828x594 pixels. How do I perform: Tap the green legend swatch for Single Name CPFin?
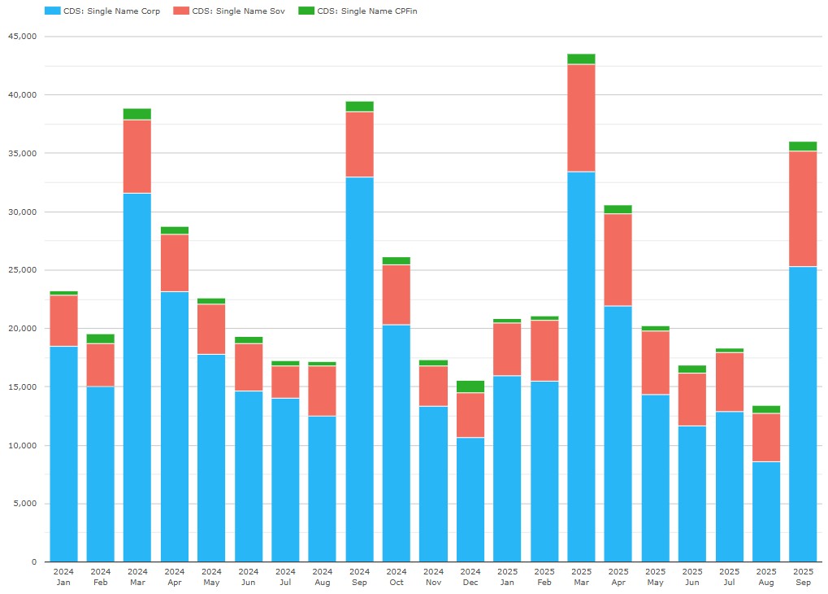[x=306, y=11]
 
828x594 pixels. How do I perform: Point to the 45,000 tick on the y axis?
[x=22, y=37]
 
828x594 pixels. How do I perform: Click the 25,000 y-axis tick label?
[x=22, y=270]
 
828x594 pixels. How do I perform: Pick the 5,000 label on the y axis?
[x=24, y=504]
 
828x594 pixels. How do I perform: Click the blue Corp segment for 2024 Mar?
[x=137, y=374]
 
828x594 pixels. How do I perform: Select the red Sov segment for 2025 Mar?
[x=581, y=118]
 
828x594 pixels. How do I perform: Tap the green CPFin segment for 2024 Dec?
[x=470, y=387]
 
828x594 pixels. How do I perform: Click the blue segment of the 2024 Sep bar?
[x=359, y=366]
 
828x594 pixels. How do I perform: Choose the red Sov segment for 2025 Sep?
[x=803, y=208]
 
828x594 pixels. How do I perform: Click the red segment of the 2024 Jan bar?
[x=63, y=321]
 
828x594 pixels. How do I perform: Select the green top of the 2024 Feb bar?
[x=101, y=338]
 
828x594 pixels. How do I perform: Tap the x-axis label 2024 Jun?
[x=249, y=576]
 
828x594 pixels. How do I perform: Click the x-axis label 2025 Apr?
[x=618, y=576]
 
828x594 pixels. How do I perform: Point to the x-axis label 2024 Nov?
[x=433, y=576]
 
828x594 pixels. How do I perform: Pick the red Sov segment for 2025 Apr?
[x=618, y=260]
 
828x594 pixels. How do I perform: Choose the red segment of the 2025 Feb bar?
[x=544, y=351]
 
